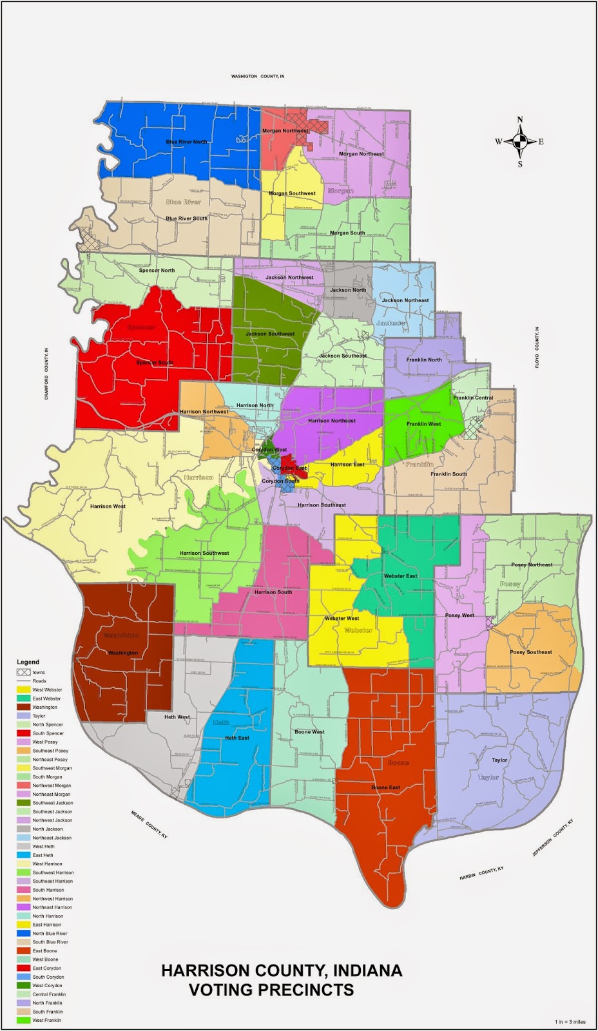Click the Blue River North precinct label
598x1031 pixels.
[x=186, y=142]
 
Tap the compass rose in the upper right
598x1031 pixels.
[x=520, y=142]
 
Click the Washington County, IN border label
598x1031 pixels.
[x=257, y=76]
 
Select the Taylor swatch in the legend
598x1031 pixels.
[x=23, y=716]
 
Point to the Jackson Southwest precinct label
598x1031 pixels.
[x=270, y=334]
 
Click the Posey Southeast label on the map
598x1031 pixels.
[x=531, y=652]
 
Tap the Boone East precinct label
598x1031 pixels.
[x=385, y=787]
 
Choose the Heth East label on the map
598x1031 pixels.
[x=236, y=738]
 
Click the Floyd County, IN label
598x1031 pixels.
[x=537, y=347]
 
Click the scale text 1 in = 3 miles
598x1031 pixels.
[x=570, y=1022]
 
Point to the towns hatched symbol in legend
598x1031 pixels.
[x=23, y=672]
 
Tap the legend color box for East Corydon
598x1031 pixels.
[x=23, y=968]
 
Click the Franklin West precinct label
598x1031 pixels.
[x=423, y=424]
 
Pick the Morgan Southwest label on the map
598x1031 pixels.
[x=292, y=193]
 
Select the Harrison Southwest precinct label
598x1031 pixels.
[x=204, y=553]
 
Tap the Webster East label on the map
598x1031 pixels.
[x=400, y=576]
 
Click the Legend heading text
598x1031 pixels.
[x=28, y=662]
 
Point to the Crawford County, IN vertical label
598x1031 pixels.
[x=46, y=374]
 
